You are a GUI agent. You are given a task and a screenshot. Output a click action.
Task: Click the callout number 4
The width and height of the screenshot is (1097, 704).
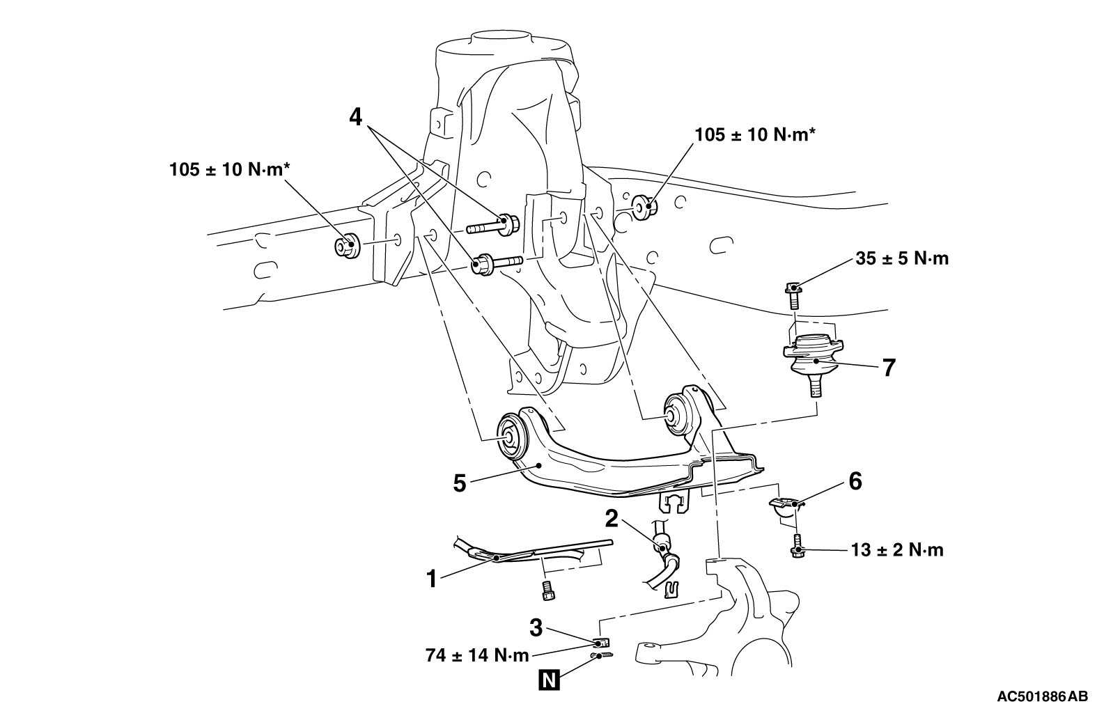coord(356,117)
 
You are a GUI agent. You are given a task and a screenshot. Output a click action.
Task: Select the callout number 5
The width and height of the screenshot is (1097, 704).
coord(459,483)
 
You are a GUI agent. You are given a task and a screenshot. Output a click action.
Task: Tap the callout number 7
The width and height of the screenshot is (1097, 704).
coord(888,367)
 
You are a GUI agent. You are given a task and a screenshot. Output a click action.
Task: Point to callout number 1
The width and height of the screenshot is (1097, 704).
coord(432,578)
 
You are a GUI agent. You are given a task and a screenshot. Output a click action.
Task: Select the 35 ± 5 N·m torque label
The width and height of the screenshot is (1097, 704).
coord(902,259)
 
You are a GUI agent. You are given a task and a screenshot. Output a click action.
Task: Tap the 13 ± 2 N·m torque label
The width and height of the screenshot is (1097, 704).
coord(897,550)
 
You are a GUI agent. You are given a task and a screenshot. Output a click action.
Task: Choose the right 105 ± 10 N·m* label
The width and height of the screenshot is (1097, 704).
coord(754,134)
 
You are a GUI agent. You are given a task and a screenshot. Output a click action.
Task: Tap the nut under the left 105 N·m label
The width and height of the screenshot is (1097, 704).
coord(346,247)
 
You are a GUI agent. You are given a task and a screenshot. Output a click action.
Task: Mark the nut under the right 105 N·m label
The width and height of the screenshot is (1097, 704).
coord(644,207)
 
